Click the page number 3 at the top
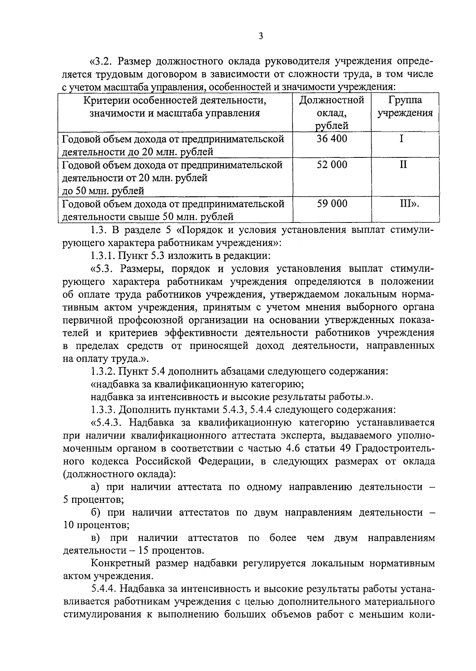click(260, 36)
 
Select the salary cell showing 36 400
click(332, 139)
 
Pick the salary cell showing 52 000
click(332, 165)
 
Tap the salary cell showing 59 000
click(332, 204)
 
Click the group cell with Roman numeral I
click(401, 139)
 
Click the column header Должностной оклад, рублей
click(332, 113)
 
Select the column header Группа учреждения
click(405, 106)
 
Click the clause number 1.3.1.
click(104, 255)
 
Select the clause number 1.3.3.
click(104, 409)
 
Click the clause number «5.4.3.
click(107, 422)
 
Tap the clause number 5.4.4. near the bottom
click(104, 589)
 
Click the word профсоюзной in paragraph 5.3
click(167, 320)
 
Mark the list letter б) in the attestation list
click(96, 512)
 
